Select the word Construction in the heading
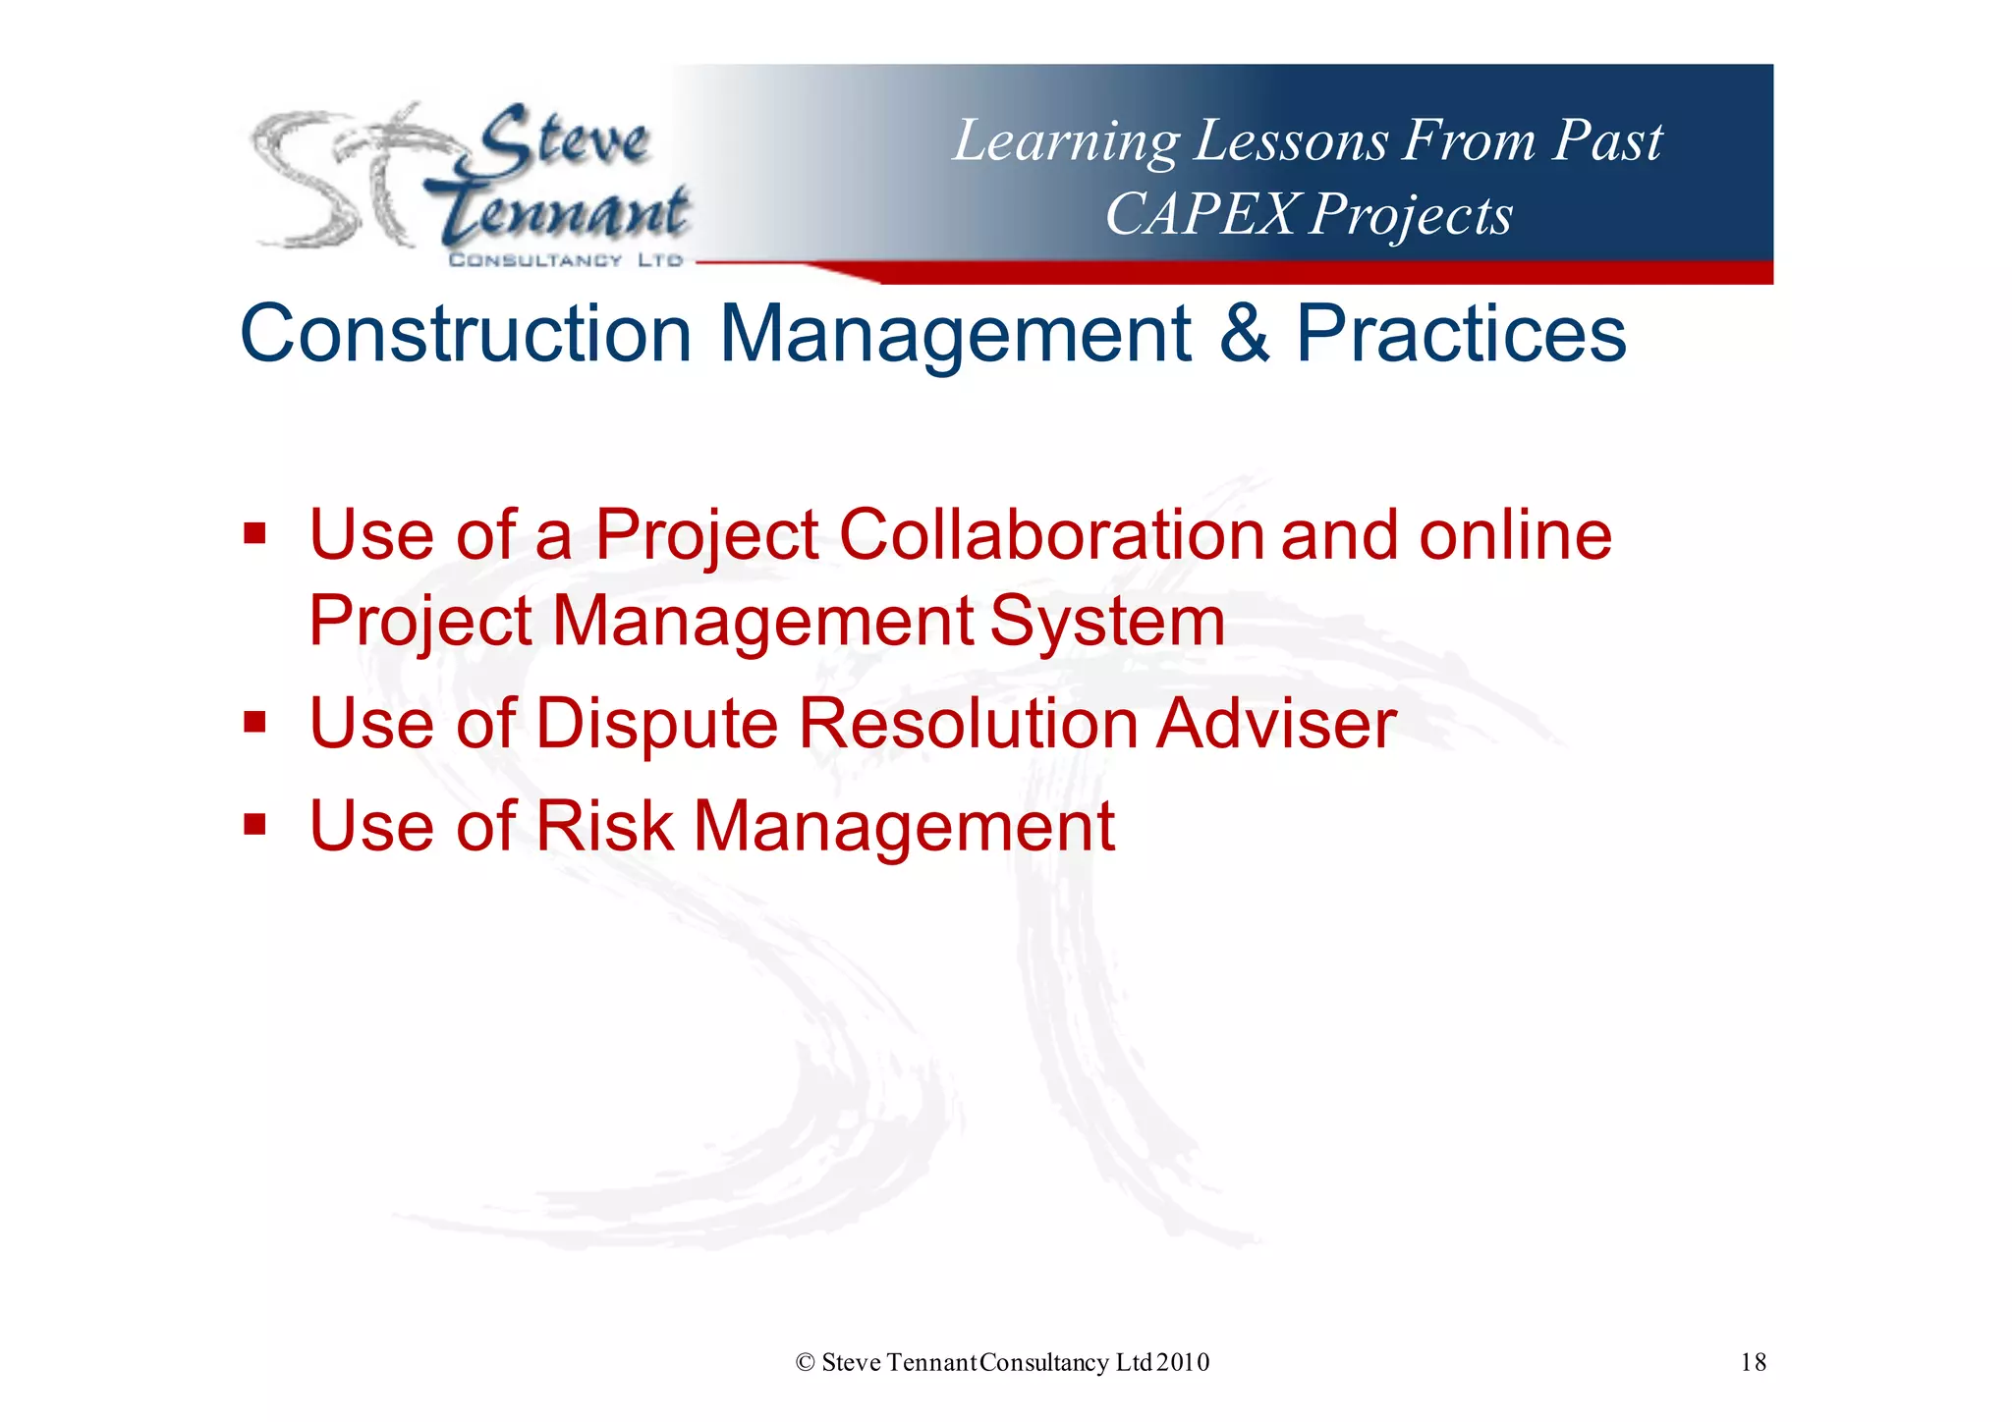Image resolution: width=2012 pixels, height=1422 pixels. pos(466,334)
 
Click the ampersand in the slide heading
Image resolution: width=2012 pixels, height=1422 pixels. pos(1244,334)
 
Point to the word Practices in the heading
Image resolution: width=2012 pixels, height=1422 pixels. pos(1461,334)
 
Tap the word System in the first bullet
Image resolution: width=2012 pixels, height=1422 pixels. pos(1107,622)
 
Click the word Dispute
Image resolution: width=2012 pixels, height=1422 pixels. pos(657,724)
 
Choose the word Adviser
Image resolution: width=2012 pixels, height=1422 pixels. pos(1275,724)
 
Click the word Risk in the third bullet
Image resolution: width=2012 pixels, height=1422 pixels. pos(603,826)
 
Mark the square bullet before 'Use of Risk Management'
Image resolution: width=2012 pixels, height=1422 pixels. pos(255,824)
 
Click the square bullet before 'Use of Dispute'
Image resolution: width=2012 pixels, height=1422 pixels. pos(255,722)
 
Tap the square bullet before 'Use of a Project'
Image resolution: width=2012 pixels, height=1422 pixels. pos(255,534)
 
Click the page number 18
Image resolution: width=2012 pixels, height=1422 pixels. pos(1753,1362)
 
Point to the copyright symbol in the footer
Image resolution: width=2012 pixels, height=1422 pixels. pos(806,1362)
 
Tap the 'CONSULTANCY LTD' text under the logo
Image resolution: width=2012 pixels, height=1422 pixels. pos(566,260)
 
